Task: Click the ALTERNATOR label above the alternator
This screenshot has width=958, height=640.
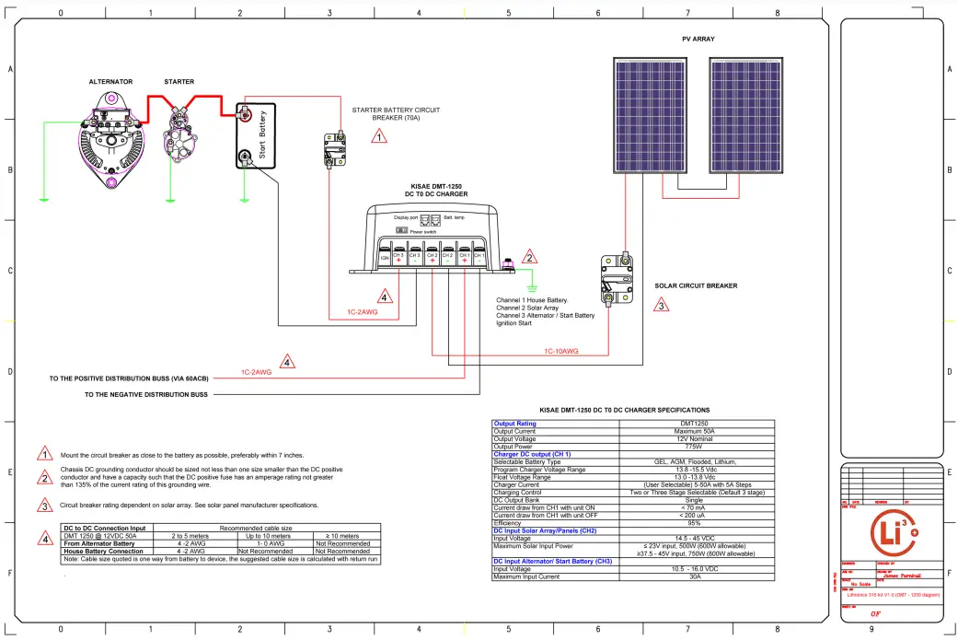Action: (110, 82)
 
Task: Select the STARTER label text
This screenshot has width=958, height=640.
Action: (179, 82)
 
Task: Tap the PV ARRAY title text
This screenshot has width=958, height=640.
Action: (698, 39)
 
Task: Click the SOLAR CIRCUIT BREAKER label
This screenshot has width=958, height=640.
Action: (696, 285)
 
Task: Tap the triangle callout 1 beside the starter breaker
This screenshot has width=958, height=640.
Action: (379, 137)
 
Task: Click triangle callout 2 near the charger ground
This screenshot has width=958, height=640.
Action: (529, 258)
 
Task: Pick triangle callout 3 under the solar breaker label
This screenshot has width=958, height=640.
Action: (662, 306)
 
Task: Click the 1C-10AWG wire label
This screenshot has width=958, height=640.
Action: (560, 351)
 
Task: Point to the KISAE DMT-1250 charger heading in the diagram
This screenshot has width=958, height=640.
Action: (436, 190)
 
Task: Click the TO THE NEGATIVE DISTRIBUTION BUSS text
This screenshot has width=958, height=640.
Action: (145, 394)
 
